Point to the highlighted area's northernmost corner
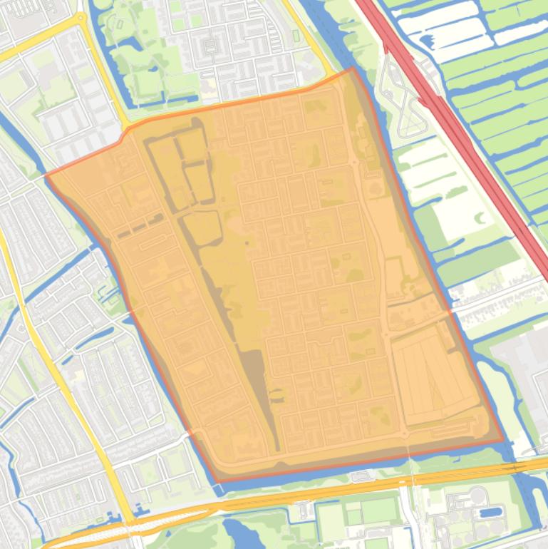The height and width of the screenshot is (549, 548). [x=352, y=69]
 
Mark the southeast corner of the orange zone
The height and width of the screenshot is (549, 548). [x=503, y=440]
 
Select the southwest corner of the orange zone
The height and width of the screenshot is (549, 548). [x=217, y=481]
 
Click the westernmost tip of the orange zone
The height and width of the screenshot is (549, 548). [x=46, y=175]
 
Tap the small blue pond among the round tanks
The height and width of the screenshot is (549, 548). [x=491, y=511]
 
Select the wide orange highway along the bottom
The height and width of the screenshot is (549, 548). [x=321, y=492]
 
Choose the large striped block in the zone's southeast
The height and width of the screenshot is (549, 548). [x=431, y=374]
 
